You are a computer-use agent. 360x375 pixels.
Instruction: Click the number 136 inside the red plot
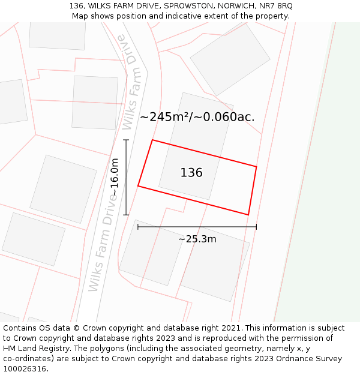[191, 173]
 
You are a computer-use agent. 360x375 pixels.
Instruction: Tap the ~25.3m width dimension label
[197, 239]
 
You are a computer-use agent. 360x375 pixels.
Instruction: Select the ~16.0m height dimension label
[115, 177]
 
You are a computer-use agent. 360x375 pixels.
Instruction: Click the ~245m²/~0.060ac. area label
[197, 117]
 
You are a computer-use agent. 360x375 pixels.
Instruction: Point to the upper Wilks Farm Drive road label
[131, 82]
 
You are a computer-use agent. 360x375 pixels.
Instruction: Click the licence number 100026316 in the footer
[25, 368]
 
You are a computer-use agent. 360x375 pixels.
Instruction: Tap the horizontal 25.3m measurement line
[197, 227]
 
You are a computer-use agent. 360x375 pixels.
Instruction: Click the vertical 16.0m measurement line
[126, 177]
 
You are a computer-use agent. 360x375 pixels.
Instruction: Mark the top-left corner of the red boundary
[152, 140]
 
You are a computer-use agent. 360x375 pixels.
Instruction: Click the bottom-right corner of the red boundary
[248, 214]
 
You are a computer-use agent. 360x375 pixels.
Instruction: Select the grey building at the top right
[230, 59]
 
